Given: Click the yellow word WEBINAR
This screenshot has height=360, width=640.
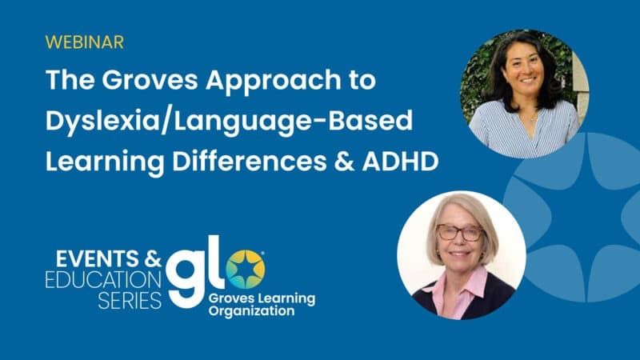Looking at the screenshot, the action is (x=85, y=42).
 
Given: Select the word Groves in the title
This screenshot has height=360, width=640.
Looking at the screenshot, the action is (x=150, y=79).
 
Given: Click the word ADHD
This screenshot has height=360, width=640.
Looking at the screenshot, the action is (x=400, y=162).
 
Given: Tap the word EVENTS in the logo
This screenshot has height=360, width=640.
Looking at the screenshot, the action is (x=97, y=258).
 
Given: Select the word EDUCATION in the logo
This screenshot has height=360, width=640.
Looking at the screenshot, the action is (x=103, y=279).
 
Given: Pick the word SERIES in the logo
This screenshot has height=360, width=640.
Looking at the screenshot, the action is (x=130, y=301).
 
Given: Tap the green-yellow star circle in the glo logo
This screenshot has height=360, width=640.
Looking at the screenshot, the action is (x=245, y=270).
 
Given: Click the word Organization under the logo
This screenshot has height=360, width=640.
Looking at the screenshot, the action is (x=251, y=311).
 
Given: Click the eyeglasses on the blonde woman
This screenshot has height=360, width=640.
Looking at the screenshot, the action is (x=459, y=233).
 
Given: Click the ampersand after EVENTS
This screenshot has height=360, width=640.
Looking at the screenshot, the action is (x=153, y=258).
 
